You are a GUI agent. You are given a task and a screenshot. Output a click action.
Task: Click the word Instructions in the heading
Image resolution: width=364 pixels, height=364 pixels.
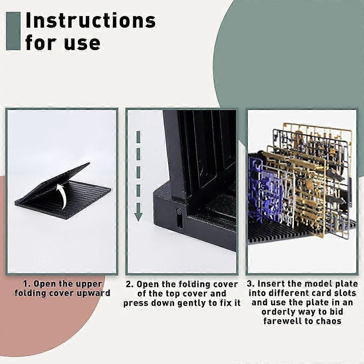click(91, 20)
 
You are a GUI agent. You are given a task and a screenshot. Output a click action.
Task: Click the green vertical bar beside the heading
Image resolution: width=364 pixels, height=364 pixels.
click(13, 31)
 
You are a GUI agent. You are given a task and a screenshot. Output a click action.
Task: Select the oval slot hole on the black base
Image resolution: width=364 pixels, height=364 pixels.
click(179, 218)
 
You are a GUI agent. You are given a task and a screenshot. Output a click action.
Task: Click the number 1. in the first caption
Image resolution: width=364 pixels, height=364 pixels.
click(27, 284)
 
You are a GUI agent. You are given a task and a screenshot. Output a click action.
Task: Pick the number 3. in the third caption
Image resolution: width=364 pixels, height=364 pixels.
click(251, 284)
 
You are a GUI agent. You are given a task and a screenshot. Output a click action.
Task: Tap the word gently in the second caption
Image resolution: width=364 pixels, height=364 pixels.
click(193, 303)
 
